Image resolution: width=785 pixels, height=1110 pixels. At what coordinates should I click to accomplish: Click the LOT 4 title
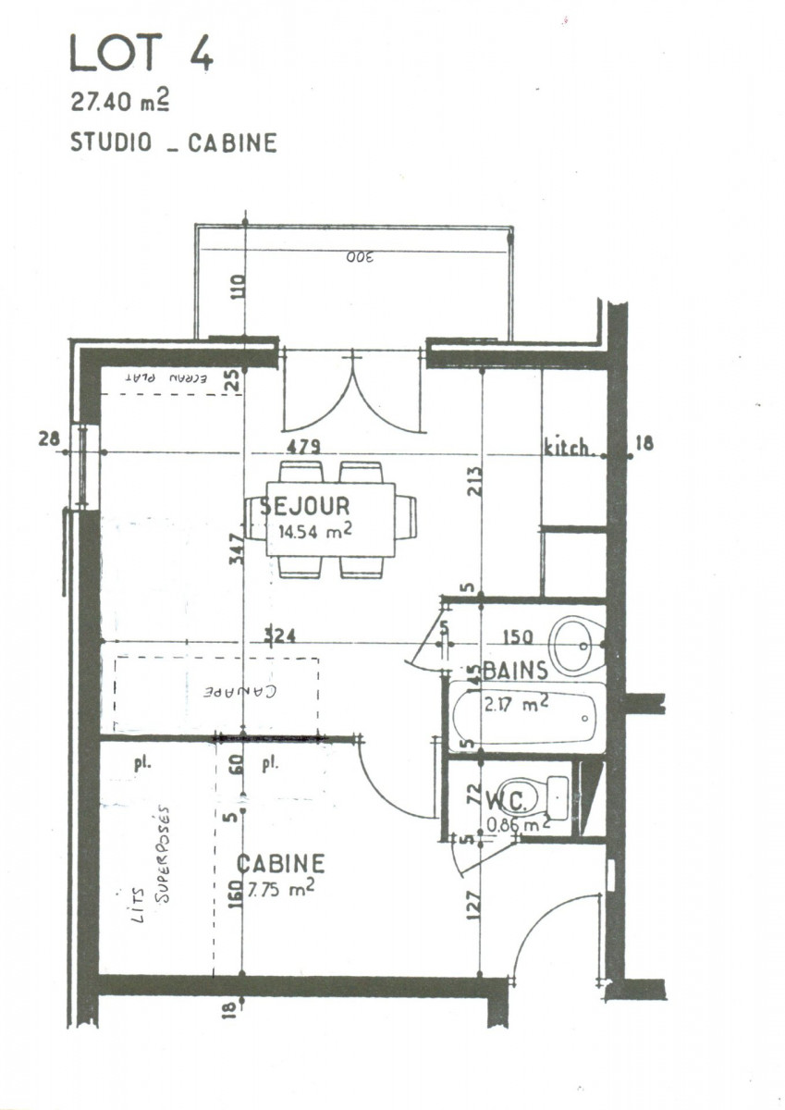pos(141,54)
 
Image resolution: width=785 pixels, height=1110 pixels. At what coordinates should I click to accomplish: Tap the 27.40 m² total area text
pos(120,102)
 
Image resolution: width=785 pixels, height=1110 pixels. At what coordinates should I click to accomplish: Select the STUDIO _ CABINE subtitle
pos(173,143)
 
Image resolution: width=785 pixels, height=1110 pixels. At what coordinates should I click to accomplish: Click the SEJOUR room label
pos(304,506)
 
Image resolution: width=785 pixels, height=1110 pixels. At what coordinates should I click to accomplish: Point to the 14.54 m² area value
pos(313,532)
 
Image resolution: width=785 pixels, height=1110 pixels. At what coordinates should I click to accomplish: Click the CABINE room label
pos(281,864)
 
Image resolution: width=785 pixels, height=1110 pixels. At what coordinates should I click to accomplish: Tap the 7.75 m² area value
pos(280,888)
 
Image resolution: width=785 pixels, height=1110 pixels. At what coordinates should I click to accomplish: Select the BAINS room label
pos(515,669)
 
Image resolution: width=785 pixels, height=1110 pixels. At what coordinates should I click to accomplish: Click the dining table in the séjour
pos(330,519)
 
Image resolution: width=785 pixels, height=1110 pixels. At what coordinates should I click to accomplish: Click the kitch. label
pos(568,449)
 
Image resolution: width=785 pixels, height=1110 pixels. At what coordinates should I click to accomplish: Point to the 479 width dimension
pos(303,447)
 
